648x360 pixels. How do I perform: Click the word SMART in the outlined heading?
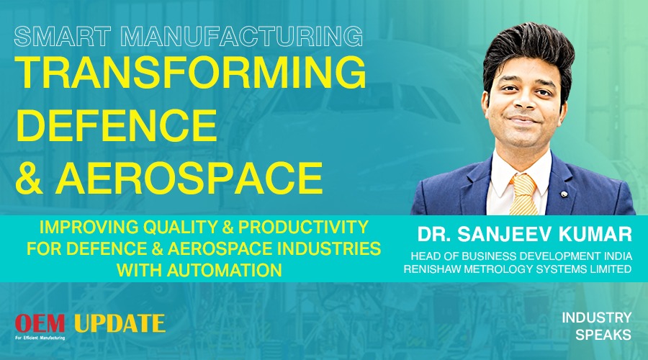pos(63,36)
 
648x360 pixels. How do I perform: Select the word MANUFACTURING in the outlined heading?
pos(242,36)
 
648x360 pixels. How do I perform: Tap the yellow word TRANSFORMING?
pos(191,72)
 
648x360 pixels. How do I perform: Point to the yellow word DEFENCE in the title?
pos(116,125)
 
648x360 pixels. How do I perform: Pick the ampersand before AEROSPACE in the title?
pos(29,178)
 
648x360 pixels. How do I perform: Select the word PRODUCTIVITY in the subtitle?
pos(303,227)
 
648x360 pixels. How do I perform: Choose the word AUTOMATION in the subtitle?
pos(225,270)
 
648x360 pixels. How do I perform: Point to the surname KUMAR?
pos(595,234)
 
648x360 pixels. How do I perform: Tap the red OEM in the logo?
pos(40,323)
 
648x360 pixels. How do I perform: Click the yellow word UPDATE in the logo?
pos(120,323)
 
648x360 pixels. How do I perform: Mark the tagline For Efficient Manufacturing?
pos(40,338)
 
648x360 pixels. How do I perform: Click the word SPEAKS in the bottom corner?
pos(603,335)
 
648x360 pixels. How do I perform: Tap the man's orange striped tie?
pos(523,194)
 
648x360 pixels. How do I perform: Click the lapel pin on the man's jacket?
pos(563,194)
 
